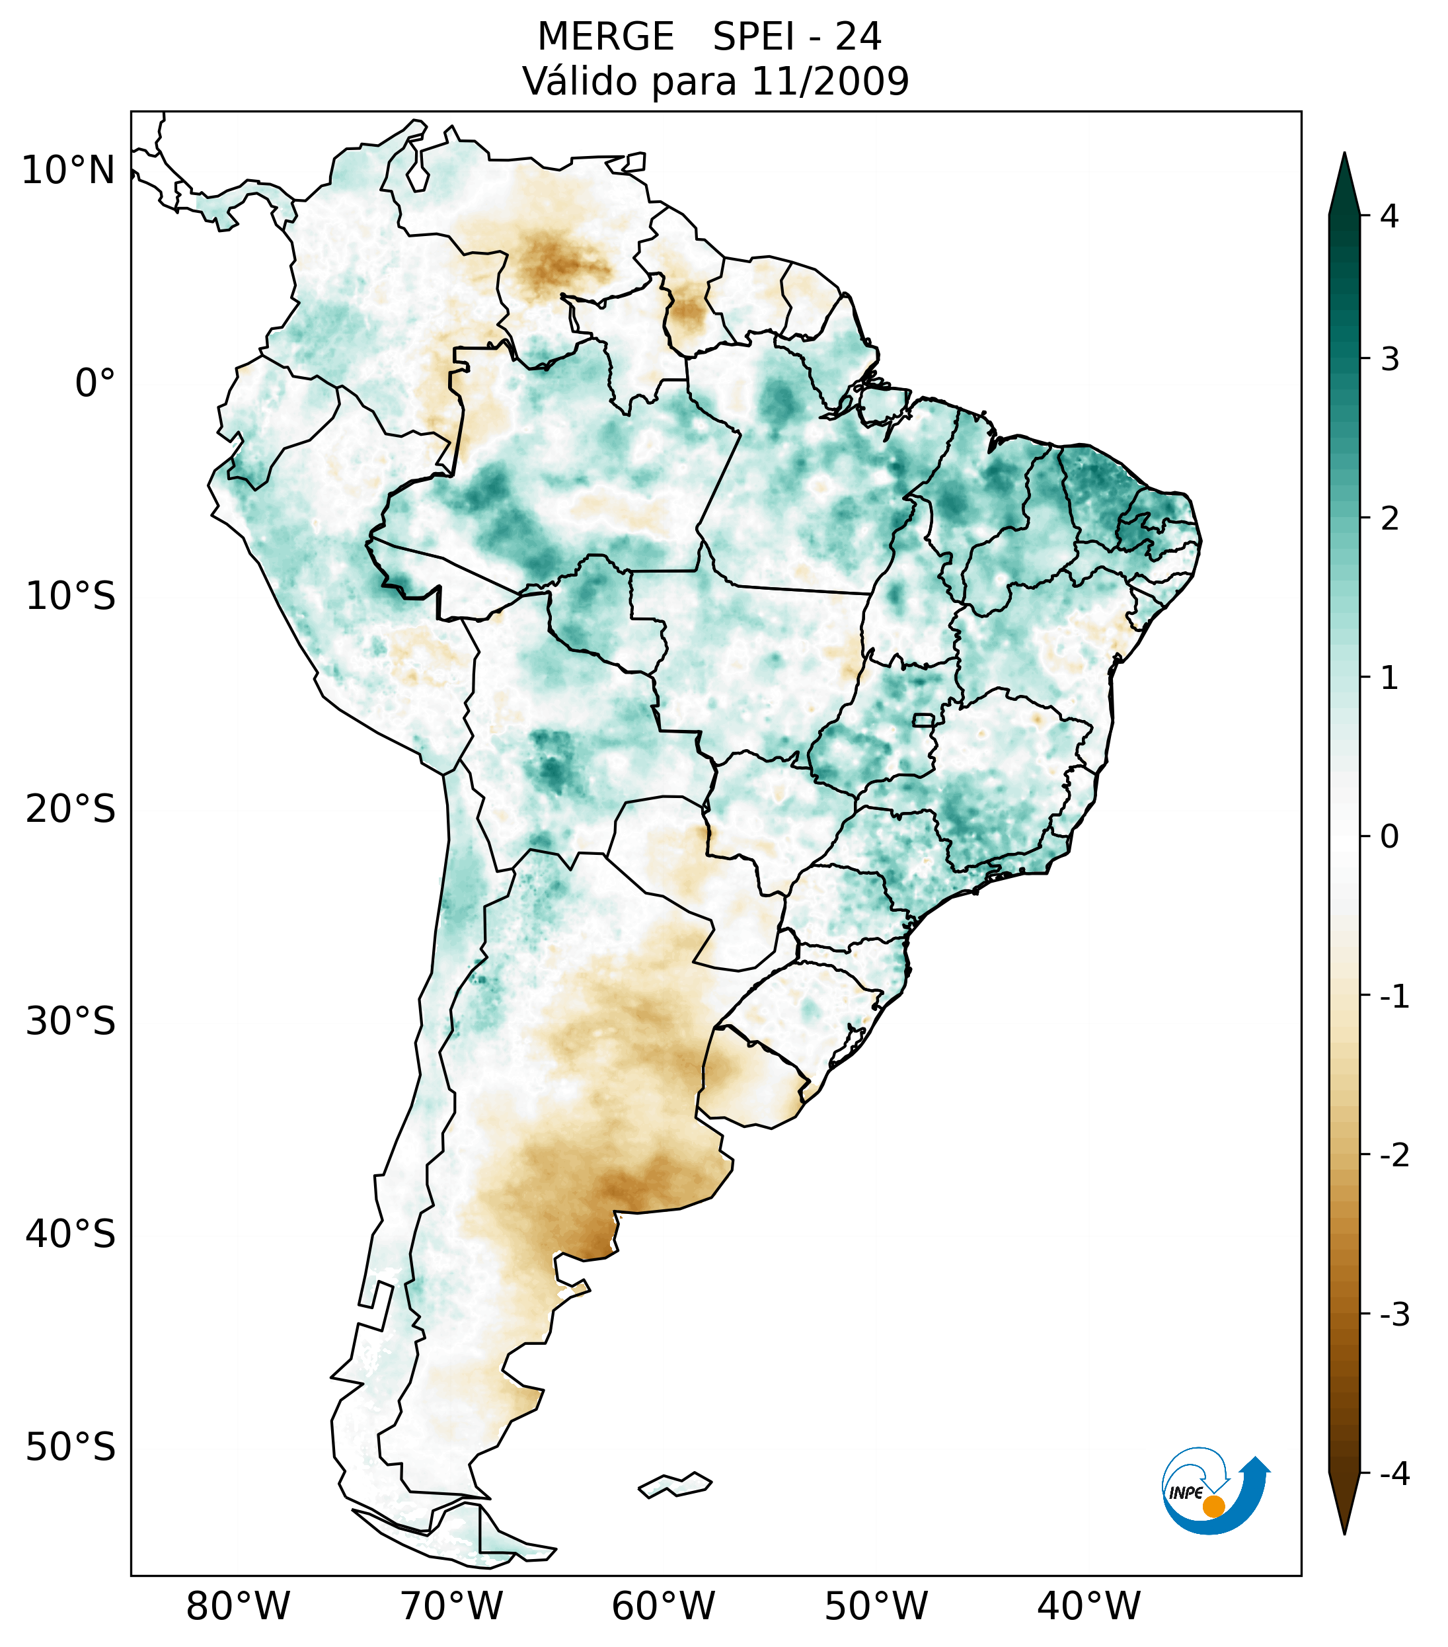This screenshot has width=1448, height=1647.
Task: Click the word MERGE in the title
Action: tap(605, 37)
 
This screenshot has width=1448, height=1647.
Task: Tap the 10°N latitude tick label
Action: tap(69, 171)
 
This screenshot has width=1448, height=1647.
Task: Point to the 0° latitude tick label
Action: tap(95, 383)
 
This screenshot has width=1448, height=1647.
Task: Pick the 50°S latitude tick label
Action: tap(71, 1447)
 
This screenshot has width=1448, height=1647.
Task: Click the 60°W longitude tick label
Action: tap(663, 1606)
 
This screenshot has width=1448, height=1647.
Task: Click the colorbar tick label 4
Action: tap(1389, 216)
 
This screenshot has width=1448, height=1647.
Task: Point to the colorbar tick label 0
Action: tap(1389, 837)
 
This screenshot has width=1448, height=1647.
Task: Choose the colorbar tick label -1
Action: tap(1394, 997)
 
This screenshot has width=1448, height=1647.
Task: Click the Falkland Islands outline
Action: tap(675, 1484)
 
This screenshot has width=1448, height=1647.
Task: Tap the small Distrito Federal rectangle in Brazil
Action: tap(924, 719)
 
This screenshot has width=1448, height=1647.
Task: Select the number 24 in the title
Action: tap(858, 37)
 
